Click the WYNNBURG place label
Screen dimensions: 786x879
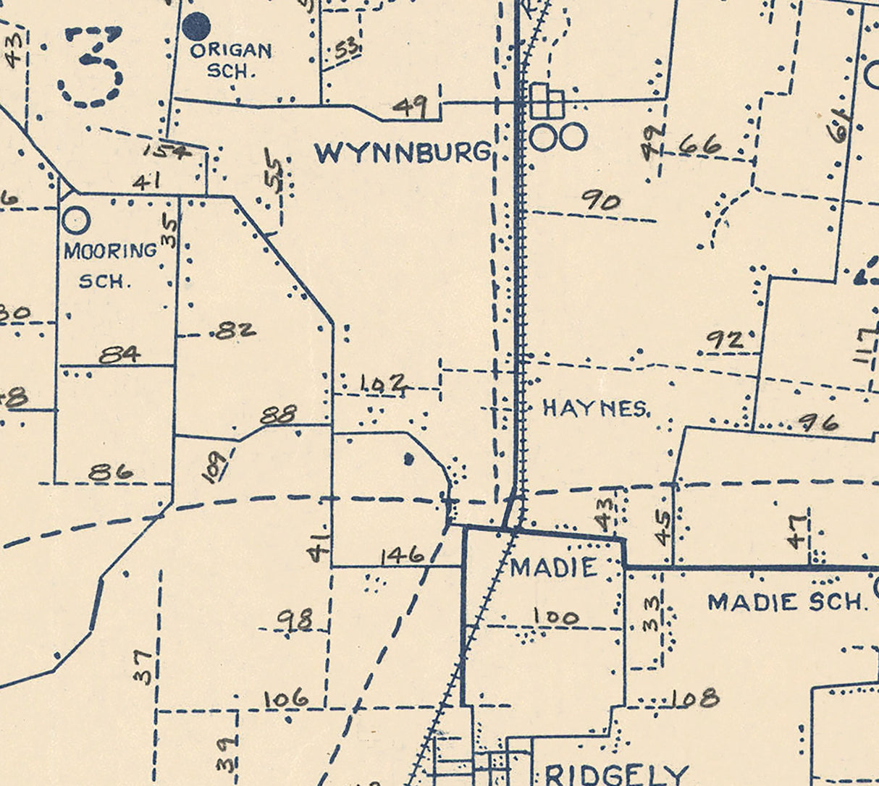coord(403,153)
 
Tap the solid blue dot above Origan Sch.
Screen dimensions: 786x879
coord(195,27)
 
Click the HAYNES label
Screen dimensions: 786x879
coord(596,409)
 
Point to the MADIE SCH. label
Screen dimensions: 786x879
coord(787,602)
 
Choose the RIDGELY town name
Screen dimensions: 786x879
coord(615,774)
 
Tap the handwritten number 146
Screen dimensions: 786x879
coord(401,556)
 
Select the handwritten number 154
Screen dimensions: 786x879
coord(166,151)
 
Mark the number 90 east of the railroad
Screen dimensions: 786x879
coord(601,200)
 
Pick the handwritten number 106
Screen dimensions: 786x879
coord(285,700)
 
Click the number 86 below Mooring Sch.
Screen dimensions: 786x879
coord(111,472)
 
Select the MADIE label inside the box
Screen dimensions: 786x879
coord(553,567)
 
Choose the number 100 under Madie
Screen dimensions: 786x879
coord(556,617)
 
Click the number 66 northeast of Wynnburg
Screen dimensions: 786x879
coord(701,145)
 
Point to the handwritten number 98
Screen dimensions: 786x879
coord(295,620)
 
